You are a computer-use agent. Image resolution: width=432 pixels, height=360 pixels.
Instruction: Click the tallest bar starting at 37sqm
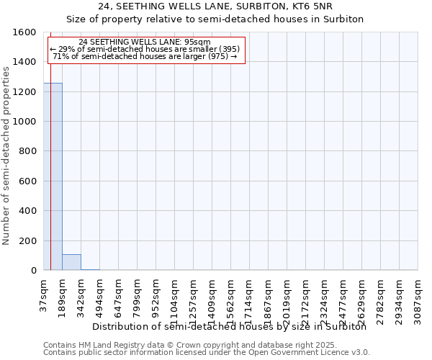pos(53,176)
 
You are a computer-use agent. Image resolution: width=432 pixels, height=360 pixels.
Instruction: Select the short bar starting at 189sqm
pos(71,262)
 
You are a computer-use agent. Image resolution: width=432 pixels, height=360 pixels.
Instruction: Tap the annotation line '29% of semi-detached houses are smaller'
pos(145,49)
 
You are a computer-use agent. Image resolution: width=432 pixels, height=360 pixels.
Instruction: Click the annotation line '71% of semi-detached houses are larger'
pos(145,56)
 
